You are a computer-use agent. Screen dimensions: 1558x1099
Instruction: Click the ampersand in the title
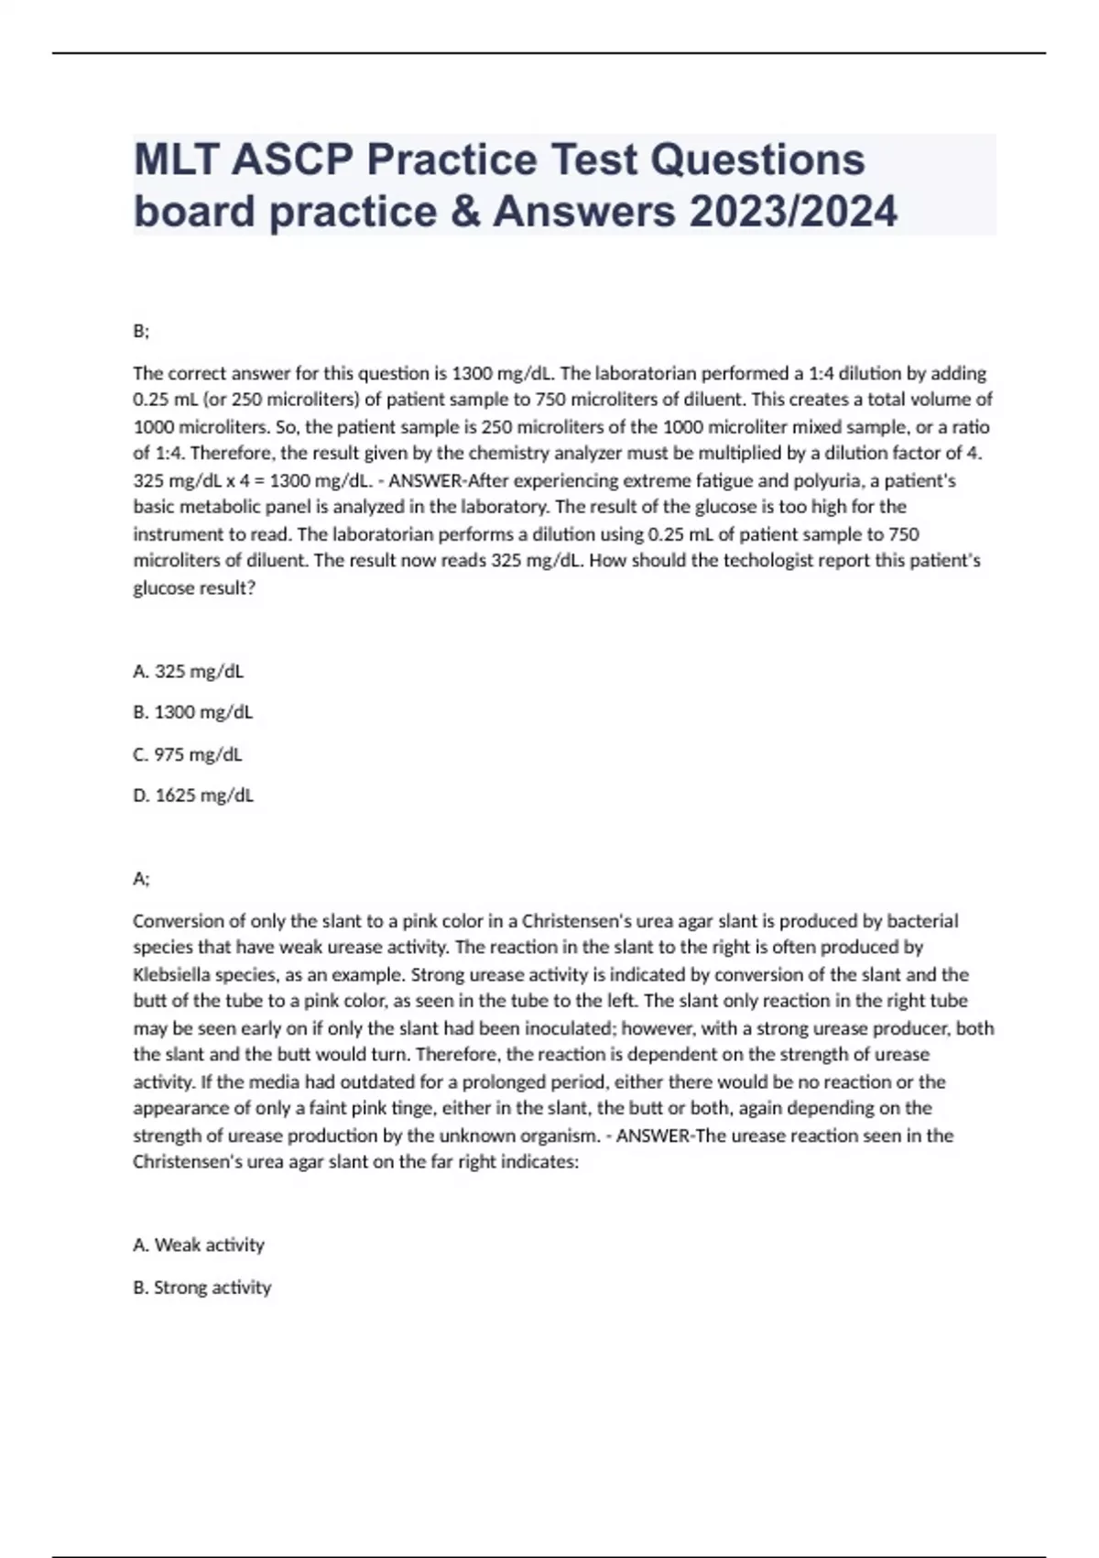click(x=472, y=212)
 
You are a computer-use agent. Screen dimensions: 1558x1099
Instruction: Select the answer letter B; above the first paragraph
click(x=141, y=332)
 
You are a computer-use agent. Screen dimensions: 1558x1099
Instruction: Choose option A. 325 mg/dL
click(x=188, y=671)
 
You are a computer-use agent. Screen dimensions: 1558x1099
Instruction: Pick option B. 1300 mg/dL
click(x=192, y=712)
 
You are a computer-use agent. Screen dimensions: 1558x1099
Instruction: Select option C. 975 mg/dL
click(x=188, y=754)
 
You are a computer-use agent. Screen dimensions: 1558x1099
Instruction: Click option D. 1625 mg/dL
click(x=192, y=795)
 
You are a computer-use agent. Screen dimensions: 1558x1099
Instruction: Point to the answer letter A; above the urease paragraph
click(x=141, y=879)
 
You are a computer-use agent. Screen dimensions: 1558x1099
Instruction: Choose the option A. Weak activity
click(x=199, y=1245)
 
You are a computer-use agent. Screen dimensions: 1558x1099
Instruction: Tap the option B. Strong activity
click(x=202, y=1287)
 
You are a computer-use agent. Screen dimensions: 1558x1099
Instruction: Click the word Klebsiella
click(x=173, y=974)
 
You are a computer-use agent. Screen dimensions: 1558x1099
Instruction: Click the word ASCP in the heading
click(x=291, y=160)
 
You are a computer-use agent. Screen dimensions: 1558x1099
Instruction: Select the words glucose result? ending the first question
click(x=194, y=587)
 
